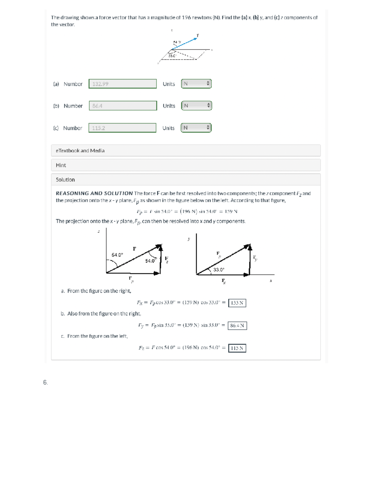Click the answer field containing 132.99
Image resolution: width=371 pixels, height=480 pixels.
click(x=122, y=84)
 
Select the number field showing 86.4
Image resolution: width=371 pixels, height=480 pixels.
click(x=123, y=106)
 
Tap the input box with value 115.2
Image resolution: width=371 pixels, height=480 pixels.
click(x=122, y=128)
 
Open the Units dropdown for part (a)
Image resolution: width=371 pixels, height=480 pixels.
click(x=196, y=84)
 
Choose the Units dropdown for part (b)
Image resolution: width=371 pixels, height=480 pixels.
click(x=196, y=106)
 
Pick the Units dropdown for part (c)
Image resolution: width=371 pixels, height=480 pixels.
click(x=196, y=128)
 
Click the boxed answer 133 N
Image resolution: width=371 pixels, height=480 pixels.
click(x=237, y=303)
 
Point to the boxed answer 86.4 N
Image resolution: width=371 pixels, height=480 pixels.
click(x=237, y=325)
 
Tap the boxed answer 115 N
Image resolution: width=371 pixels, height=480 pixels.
click(x=237, y=348)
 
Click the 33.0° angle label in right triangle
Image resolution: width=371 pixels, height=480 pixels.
click(x=219, y=270)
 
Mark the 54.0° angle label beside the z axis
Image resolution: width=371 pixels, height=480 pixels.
click(x=117, y=255)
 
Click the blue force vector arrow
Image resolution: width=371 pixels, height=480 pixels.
click(x=185, y=44)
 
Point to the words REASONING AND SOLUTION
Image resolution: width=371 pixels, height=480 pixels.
click(x=94, y=193)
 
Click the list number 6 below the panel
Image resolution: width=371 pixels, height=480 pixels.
click(x=45, y=382)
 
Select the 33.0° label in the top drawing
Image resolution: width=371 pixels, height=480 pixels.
click(x=172, y=56)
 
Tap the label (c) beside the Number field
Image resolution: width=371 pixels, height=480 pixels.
click(x=56, y=128)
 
